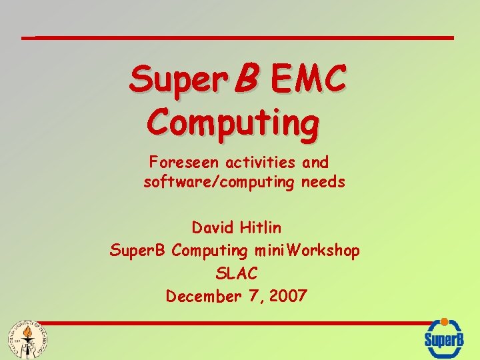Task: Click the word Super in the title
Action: point(170,80)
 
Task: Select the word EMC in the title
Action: point(308,80)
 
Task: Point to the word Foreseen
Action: point(184,162)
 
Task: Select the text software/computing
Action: point(218,182)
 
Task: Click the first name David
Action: point(214,228)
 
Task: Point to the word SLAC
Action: point(237,273)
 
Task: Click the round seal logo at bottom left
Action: point(27,339)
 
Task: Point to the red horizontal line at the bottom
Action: point(227,324)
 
